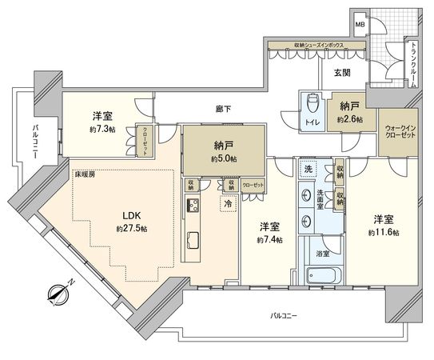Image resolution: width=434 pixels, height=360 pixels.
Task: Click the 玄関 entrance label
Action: [342, 72]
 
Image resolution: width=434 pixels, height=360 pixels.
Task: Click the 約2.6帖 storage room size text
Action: [348, 118]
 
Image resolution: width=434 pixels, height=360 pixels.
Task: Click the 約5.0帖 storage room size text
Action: [224, 159]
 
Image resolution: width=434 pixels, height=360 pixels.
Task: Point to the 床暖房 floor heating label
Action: [86, 174]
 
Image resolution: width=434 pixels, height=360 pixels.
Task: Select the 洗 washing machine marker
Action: [308, 170]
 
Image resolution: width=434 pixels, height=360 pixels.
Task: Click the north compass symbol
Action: [58, 296]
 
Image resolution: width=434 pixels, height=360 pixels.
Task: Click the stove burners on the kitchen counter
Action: [193, 206]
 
